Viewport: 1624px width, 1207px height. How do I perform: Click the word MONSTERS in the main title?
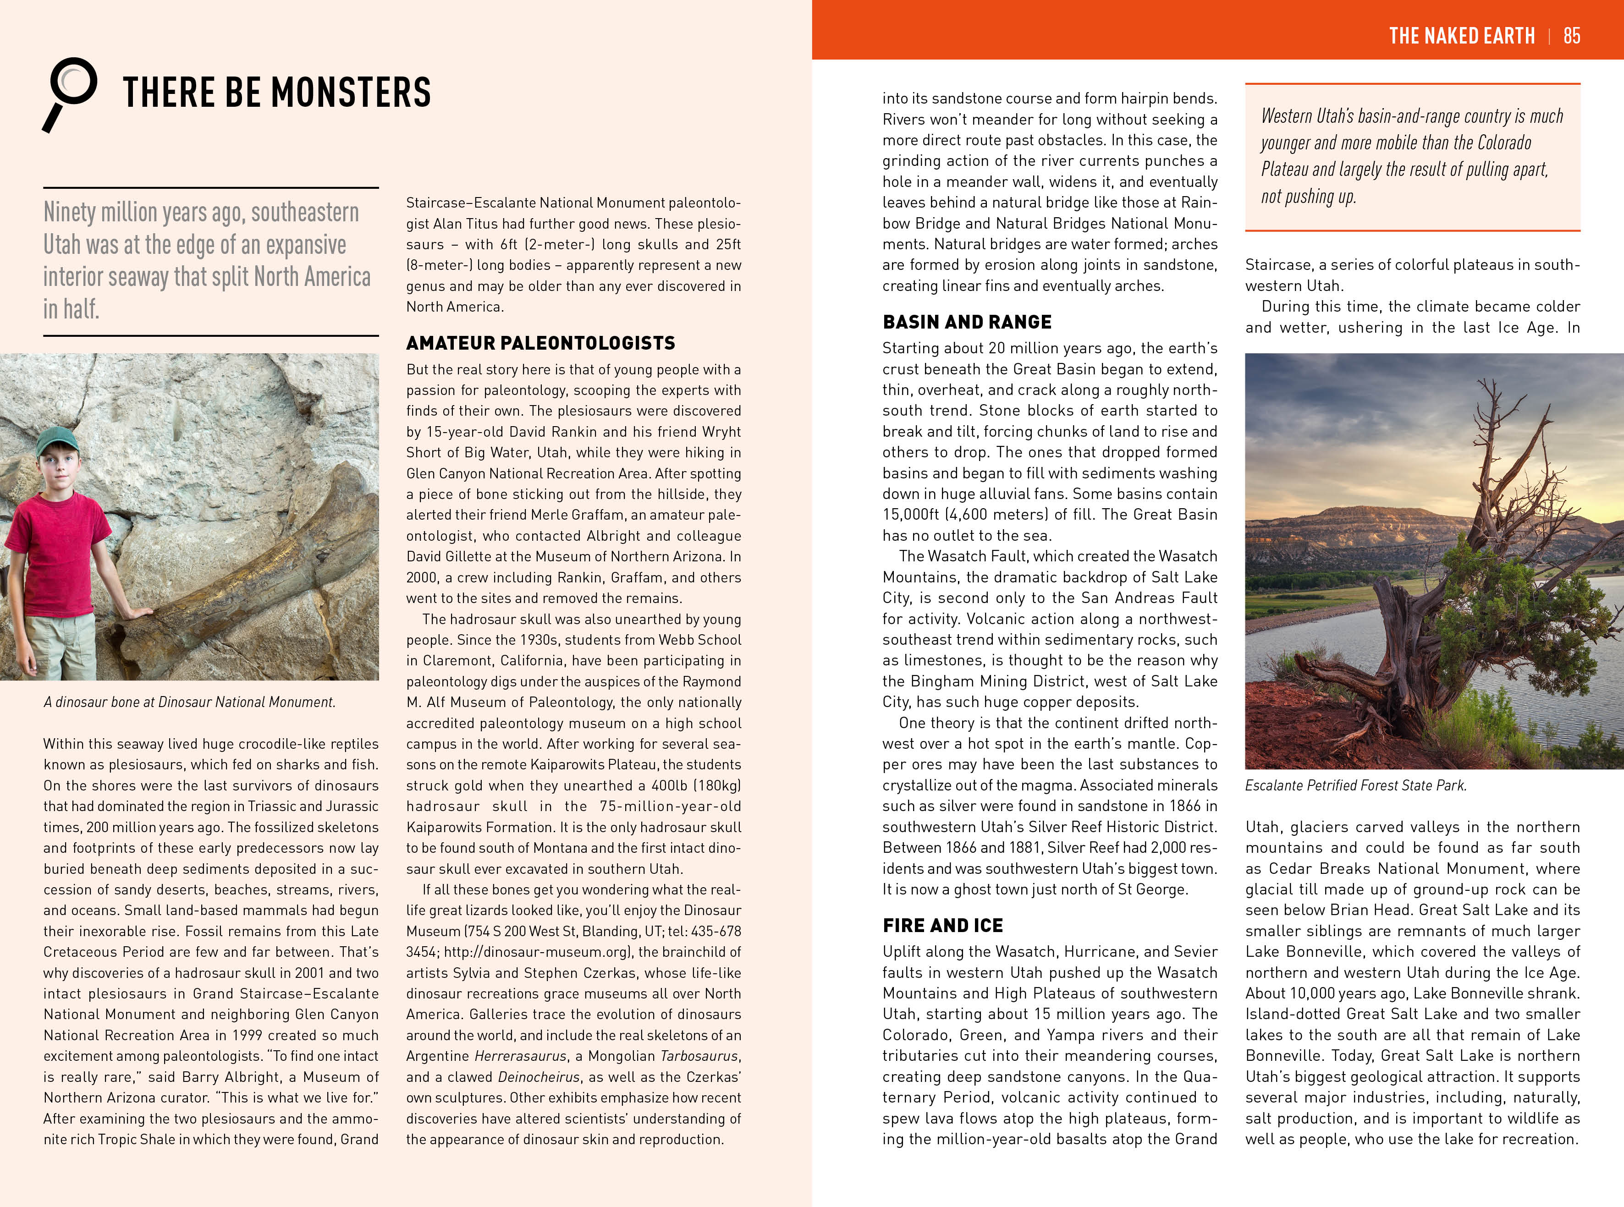tap(351, 93)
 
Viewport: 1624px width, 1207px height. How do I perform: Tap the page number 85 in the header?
tap(1571, 35)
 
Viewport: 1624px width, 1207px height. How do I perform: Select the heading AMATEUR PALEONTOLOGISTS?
tap(540, 343)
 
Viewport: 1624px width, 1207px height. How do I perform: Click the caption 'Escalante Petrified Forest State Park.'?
tap(1356, 785)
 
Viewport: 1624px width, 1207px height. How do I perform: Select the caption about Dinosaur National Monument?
tap(189, 702)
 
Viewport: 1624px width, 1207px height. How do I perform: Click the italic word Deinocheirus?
tap(539, 1077)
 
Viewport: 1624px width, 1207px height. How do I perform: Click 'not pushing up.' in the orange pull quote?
tap(1308, 197)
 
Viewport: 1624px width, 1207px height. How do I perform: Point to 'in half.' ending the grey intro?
tap(71, 309)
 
